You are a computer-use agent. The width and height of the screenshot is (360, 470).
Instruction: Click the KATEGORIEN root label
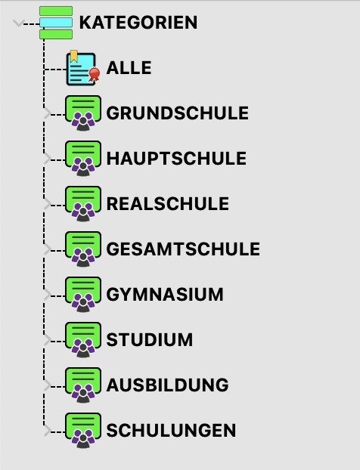138,23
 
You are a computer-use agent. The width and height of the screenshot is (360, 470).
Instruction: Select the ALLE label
129,68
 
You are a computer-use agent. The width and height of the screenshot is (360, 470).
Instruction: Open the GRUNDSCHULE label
178,113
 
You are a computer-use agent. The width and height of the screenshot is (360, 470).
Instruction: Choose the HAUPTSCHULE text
176,158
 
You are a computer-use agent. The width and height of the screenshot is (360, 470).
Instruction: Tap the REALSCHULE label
168,204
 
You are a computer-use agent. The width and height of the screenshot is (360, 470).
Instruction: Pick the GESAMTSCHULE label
183,249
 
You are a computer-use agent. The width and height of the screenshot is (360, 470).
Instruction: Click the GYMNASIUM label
165,295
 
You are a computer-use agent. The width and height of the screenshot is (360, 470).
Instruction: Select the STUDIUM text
150,339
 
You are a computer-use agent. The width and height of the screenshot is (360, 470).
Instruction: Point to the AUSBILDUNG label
168,385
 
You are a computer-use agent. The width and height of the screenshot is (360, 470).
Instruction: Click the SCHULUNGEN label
171,431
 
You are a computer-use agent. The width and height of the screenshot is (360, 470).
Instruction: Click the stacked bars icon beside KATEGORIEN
56,23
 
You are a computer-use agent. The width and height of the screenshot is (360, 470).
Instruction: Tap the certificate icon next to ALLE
83,68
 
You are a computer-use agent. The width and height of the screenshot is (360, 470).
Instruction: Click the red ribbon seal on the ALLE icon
95,74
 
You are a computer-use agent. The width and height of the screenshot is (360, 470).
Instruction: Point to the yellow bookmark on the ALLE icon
74,56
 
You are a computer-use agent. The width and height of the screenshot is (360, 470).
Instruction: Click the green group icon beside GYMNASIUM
83,295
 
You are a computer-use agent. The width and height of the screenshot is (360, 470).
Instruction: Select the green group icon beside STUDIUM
83,339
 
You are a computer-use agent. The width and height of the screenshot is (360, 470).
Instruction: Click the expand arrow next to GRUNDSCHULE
47,114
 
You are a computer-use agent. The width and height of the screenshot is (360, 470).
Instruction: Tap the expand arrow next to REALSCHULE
47,205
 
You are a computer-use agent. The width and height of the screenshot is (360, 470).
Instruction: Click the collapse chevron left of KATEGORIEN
18,23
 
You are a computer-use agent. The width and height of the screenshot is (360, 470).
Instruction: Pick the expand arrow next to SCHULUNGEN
47,431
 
